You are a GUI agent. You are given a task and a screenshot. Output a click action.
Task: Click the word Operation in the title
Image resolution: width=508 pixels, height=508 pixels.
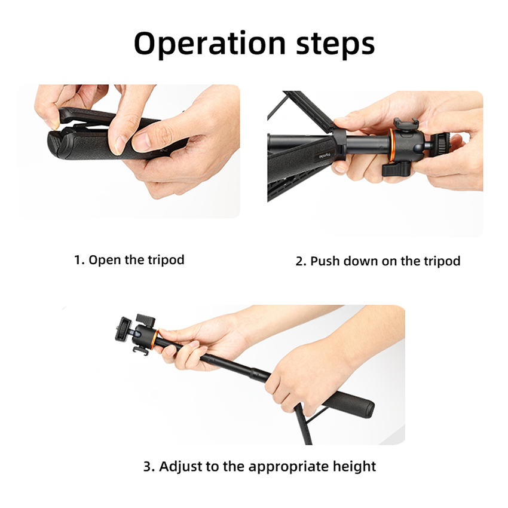210,44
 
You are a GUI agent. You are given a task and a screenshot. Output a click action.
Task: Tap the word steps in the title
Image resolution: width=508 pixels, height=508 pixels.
335,44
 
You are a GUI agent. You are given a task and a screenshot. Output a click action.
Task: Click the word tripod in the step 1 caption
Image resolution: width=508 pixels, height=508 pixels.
166,260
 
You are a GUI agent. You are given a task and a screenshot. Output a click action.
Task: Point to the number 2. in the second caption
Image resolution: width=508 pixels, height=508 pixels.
301,261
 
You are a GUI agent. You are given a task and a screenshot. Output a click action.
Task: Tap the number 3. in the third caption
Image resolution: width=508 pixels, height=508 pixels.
149,467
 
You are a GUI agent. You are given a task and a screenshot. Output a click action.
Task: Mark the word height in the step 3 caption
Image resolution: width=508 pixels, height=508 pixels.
354,467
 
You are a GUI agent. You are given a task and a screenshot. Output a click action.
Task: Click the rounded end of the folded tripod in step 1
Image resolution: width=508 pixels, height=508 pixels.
56,143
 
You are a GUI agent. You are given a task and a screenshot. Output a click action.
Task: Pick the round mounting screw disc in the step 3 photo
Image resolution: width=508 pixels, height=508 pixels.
123,329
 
